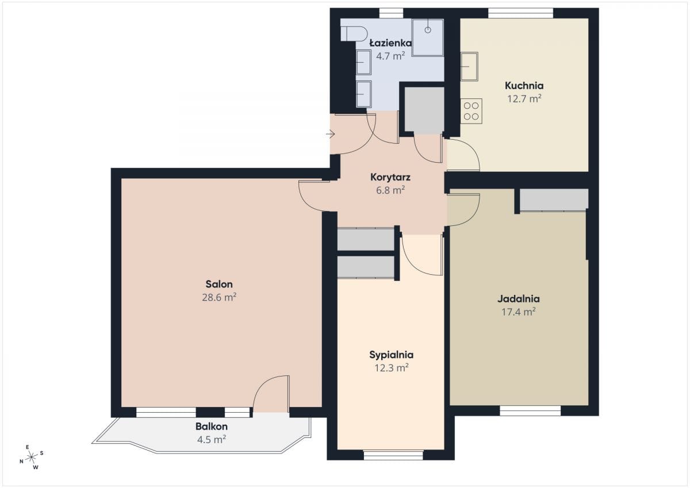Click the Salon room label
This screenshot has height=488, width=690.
(x=219, y=284)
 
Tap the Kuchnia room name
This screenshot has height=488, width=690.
(x=524, y=86)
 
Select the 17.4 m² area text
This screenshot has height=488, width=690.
(x=519, y=312)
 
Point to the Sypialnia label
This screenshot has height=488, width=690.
(x=391, y=355)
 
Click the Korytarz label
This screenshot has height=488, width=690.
(x=390, y=178)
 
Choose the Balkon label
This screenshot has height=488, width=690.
(x=212, y=426)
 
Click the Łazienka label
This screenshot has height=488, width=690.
(x=390, y=43)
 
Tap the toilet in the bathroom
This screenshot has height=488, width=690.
(x=354, y=33)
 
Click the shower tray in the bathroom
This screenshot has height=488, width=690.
(x=428, y=38)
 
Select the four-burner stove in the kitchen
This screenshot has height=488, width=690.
(x=471, y=111)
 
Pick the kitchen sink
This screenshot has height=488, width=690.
(x=469, y=67)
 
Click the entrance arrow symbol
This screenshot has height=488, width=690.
(x=331, y=135)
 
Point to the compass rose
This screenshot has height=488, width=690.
(x=32, y=457)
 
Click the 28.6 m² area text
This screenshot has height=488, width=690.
(x=219, y=297)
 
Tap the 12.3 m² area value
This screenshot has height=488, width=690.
(x=392, y=368)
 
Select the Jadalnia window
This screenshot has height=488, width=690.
(x=530, y=411)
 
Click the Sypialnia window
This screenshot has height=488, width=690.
(x=393, y=455)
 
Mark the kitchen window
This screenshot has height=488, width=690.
(x=520, y=13)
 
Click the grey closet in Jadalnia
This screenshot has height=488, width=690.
(x=554, y=200)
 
